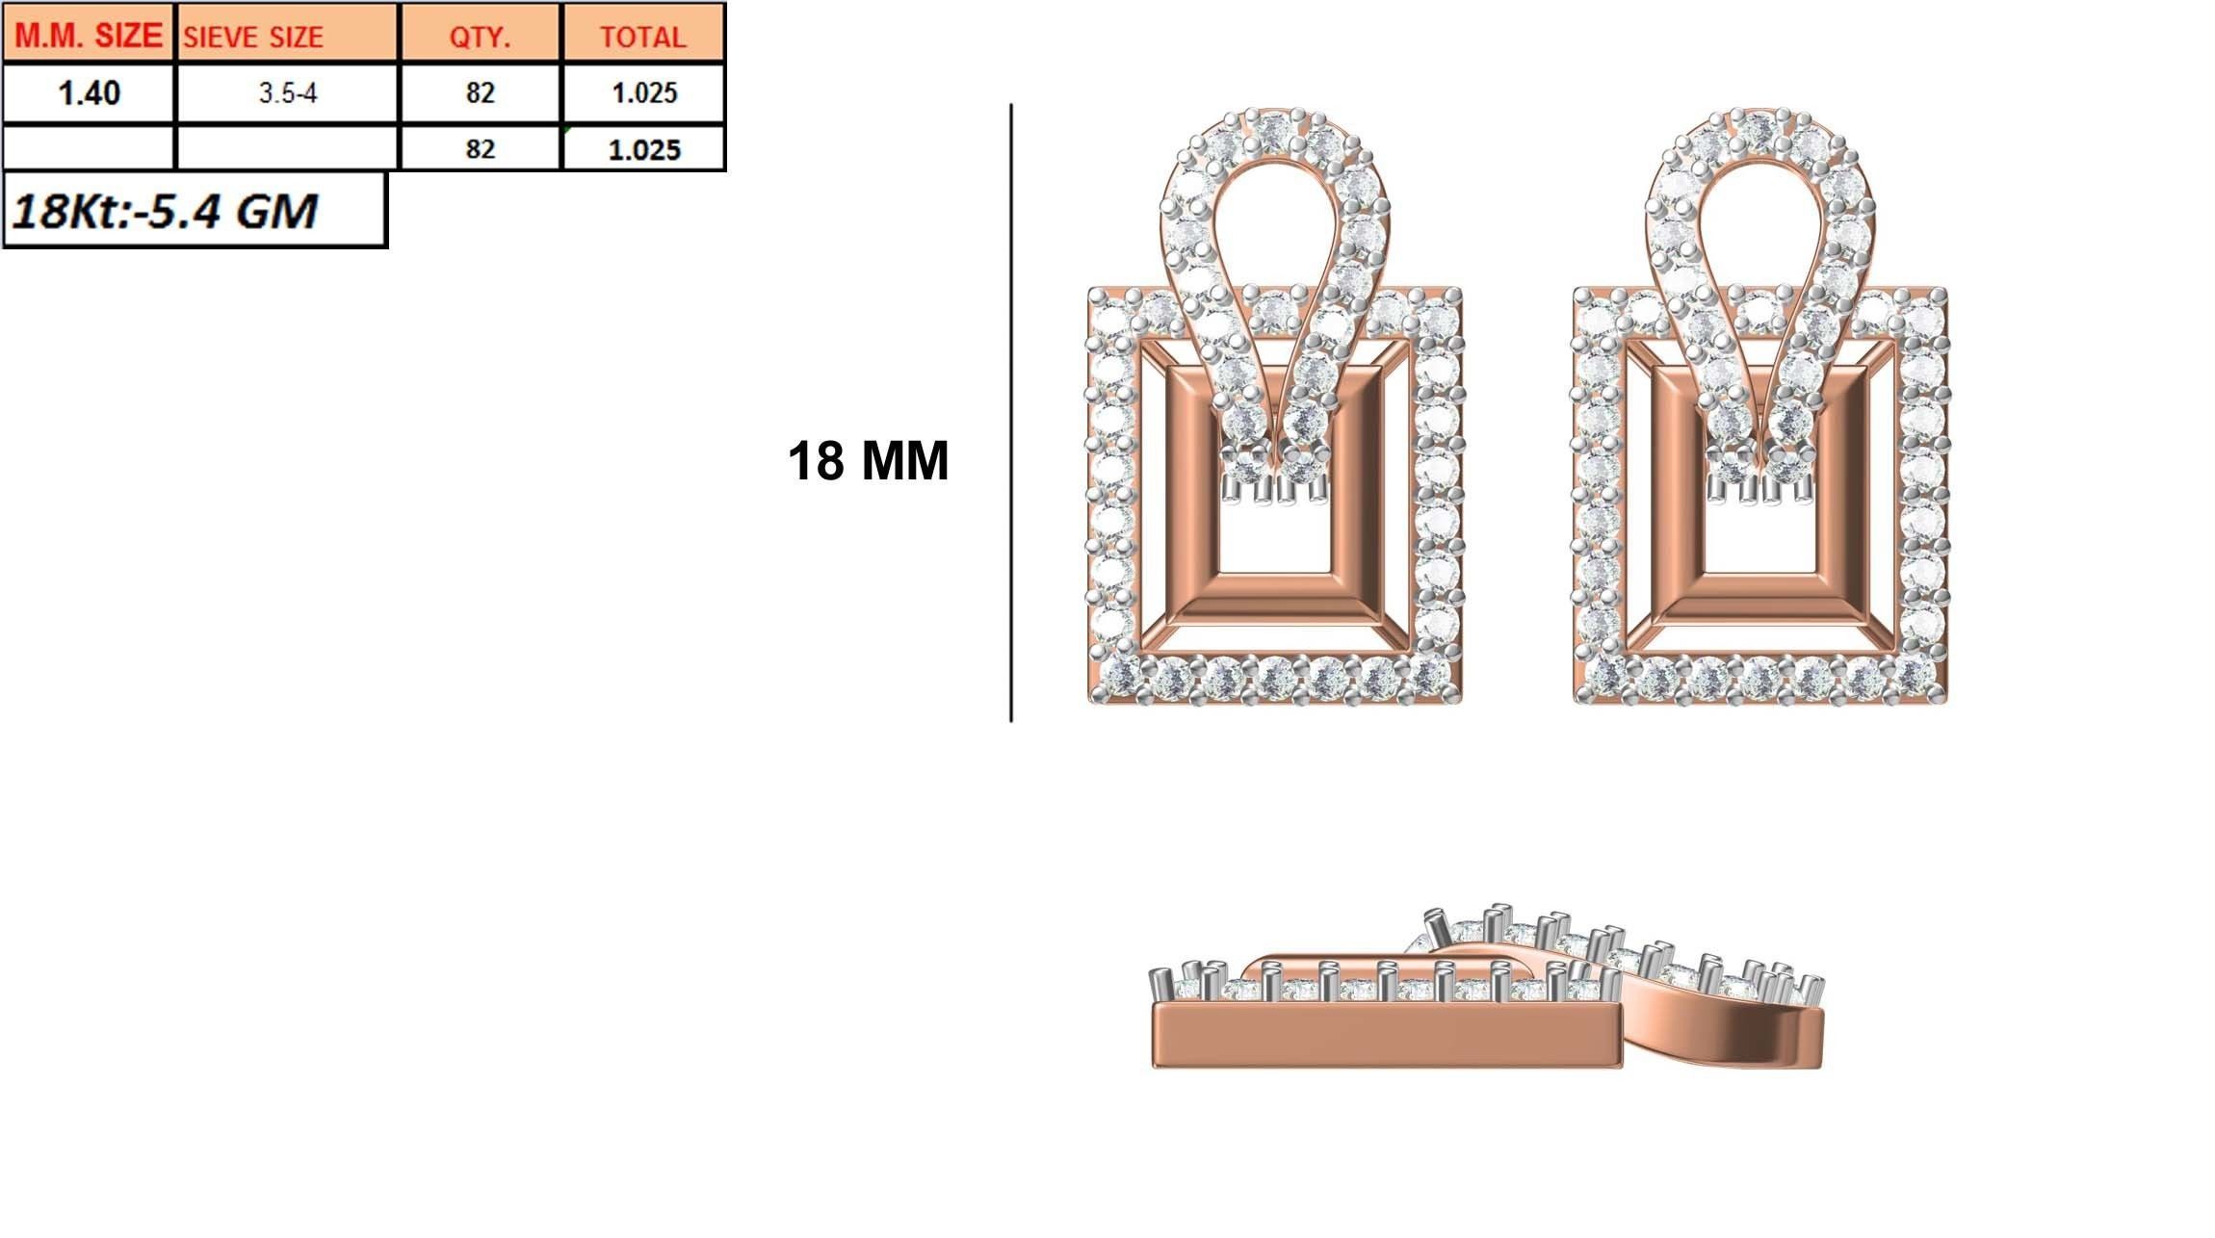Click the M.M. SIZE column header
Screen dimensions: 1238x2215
click(x=89, y=35)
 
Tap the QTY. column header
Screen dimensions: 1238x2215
click(x=480, y=37)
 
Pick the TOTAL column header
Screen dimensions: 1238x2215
click(x=643, y=37)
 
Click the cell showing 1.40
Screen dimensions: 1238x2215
click(x=89, y=93)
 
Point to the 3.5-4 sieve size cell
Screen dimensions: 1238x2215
click(x=287, y=93)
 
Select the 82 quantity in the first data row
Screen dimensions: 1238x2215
click(x=480, y=93)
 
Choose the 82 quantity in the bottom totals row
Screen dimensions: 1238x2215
click(x=480, y=149)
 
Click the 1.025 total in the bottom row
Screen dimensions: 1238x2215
click(x=643, y=149)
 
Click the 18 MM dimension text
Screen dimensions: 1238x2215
click(x=868, y=461)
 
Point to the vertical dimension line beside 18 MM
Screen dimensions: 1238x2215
click(x=1010, y=414)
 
